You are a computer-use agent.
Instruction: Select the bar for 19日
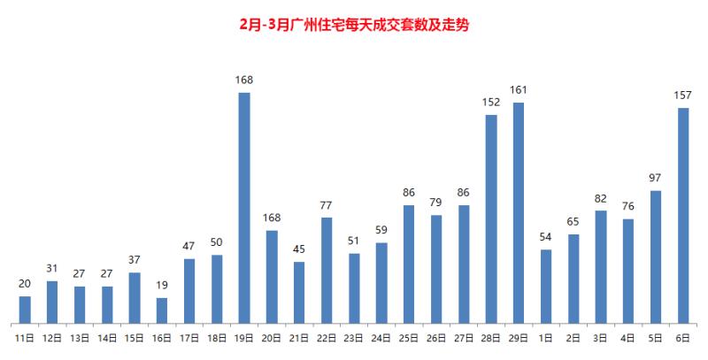coord(244,208)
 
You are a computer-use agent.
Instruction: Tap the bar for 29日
coord(519,212)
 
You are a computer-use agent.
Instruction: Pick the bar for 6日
coord(683,215)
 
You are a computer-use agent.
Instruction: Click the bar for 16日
coord(162,310)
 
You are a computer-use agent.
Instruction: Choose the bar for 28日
coord(491,218)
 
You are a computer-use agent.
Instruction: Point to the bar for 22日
coord(327,270)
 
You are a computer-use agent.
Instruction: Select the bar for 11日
coord(25,309)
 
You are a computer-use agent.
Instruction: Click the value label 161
coord(519,90)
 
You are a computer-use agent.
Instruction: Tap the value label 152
coord(491,102)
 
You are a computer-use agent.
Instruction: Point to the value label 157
coord(683,95)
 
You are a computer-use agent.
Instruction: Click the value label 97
coord(656,178)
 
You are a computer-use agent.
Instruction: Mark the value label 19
coord(162,285)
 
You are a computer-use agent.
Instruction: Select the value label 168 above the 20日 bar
coord(272,218)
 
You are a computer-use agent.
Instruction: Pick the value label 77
coord(327,205)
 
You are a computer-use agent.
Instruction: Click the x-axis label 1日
coord(546,337)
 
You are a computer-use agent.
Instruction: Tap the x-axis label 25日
coord(409,337)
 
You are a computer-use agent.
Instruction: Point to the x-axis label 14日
coord(107,337)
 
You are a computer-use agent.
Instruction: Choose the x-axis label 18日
coord(217,337)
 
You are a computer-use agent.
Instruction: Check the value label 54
coord(546,237)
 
